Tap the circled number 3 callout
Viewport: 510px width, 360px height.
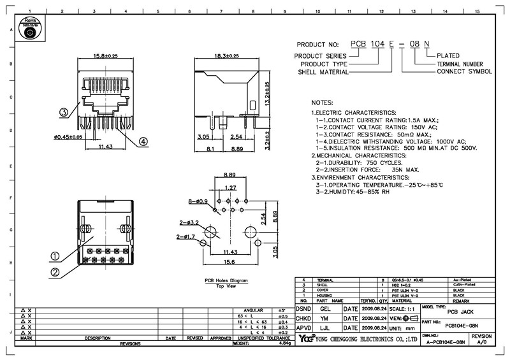(x=64, y=113)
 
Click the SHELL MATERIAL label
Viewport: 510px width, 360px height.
(x=324, y=73)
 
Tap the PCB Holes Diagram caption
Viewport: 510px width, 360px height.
(x=226, y=280)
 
